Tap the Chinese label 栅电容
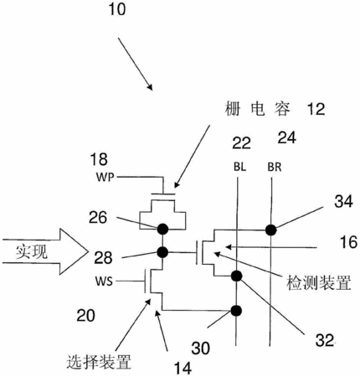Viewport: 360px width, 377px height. [257, 109]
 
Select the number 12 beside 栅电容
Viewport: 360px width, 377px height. [316, 109]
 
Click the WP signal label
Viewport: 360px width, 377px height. [105, 178]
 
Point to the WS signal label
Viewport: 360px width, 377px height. [105, 281]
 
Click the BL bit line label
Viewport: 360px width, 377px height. [239, 167]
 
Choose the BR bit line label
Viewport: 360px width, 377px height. [275, 167]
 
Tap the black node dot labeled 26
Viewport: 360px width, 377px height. [162, 230]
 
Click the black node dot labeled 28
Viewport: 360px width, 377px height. [162, 252]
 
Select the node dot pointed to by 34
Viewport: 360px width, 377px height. [270, 230]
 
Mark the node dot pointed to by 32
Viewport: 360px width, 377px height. [237, 276]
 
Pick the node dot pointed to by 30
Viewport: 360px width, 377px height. [236, 311]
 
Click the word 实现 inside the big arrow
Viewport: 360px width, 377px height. [32, 252]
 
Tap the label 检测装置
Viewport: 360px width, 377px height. [319, 282]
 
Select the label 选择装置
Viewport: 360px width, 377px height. [99, 362]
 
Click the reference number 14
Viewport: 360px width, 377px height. [183, 368]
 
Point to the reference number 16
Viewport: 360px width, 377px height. [348, 242]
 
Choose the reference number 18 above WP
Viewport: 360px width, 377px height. [99, 159]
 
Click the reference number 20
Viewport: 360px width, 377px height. [86, 316]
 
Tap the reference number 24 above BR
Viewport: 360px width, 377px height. [287, 137]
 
